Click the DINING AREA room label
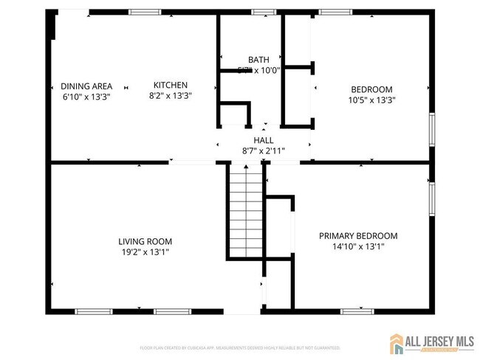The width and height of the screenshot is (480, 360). (x=86, y=86)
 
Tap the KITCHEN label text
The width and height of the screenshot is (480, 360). (x=170, y=85)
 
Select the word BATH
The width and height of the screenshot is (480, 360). (x=258, y=60)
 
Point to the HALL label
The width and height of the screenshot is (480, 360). (x=263, y=140)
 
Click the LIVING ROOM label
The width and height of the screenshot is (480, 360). (x=145, y=241)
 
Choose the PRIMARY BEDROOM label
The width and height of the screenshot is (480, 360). (x=358, y=236)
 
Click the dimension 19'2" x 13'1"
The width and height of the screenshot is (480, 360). (x=145, y=252)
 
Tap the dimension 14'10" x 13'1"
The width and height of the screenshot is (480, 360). (x=358, y=247)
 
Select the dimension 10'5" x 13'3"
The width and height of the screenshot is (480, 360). (x=371, y=100)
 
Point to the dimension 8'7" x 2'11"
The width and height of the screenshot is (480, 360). (x=263, y=151)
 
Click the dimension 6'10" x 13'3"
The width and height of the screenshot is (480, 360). (x=86, y=96)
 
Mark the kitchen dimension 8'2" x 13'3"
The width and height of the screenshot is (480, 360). (x=170, y=96)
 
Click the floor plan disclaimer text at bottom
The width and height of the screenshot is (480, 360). (x=240, y=347)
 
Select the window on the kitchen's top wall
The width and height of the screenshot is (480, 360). (x=145, y=13)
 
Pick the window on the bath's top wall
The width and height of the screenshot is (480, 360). (x=263, y=13)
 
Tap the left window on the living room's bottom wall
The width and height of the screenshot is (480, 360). (x=94, y=311)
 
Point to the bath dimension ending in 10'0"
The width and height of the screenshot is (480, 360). (x=258, y=71)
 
